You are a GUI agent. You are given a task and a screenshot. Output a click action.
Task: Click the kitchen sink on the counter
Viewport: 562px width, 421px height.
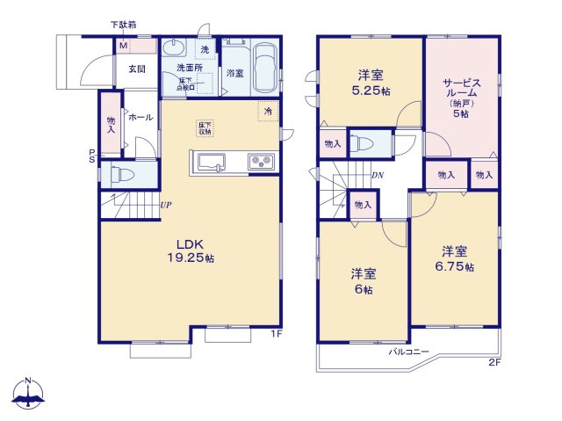click(213, 162)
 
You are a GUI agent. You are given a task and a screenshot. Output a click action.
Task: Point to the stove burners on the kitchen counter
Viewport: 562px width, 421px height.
click(261, 161)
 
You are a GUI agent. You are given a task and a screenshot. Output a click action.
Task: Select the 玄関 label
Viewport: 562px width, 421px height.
click(136, 69)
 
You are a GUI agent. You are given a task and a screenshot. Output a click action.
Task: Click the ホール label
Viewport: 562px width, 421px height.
click(140, 118)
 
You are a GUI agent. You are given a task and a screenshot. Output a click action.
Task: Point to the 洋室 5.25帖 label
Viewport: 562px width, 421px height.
click(369, 83)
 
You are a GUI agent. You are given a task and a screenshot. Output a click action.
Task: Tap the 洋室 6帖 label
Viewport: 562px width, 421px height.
click(362, 281)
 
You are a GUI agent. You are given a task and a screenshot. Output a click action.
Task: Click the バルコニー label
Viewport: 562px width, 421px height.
click(409, 352)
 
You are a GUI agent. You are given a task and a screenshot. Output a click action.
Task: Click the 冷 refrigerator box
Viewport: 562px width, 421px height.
click(267, 112)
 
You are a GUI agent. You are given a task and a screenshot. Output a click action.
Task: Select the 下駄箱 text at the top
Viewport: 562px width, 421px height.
click(123, 24)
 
